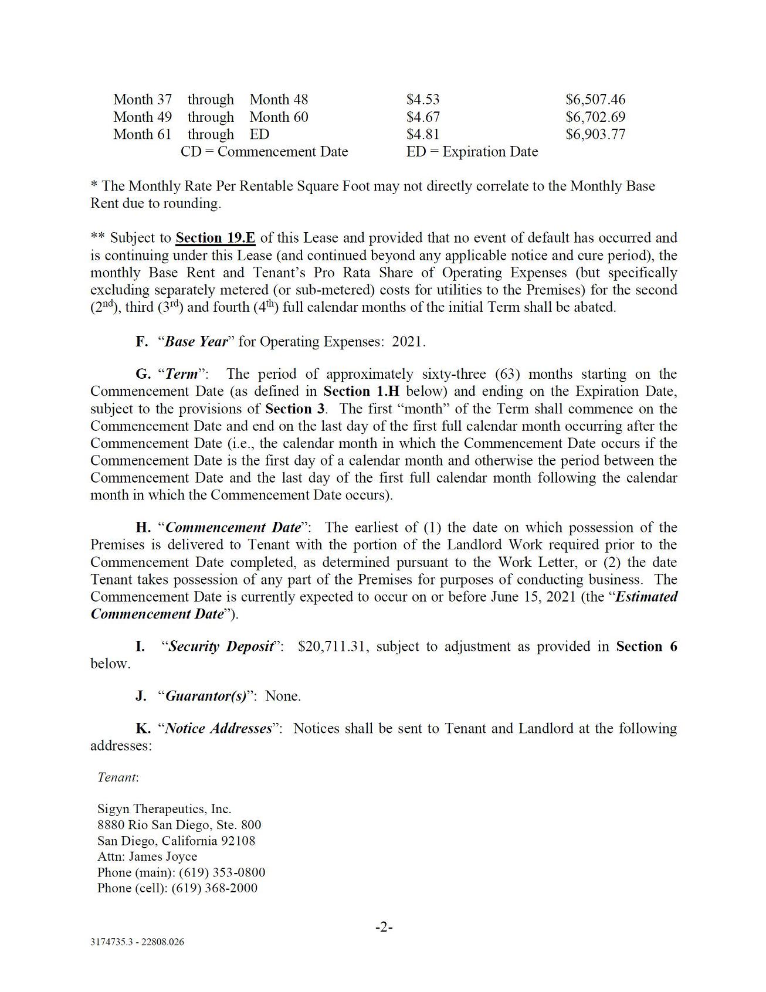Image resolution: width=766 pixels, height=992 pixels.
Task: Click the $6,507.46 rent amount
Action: [x=595, y=100]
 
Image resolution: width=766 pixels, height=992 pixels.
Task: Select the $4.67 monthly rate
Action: [x=423, y=117]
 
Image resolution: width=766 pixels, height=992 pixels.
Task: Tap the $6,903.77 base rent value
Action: [x=595, y=134]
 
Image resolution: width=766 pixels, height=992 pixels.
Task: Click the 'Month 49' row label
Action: [x=143, y=117]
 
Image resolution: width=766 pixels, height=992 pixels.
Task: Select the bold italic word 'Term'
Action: [x=182, y=374]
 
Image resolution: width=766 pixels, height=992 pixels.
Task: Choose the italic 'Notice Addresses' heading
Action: [x=219, y=729]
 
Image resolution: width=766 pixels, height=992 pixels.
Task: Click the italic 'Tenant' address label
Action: [x=117, y=777]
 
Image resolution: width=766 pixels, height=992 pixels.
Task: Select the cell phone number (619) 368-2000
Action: [x=214, y=888]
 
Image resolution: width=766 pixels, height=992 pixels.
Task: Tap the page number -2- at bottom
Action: [x=384, y=927]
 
